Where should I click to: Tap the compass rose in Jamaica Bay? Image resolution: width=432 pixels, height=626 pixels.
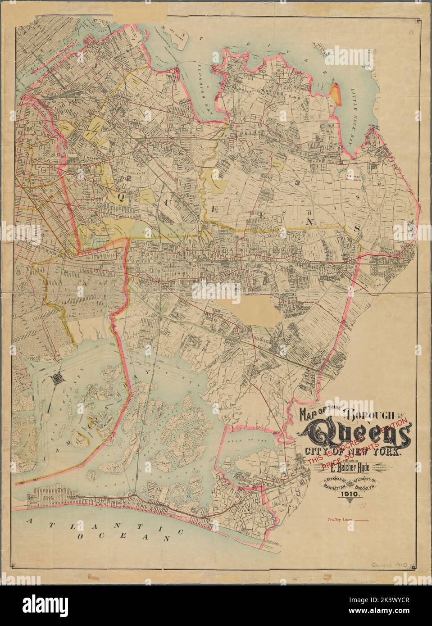click(57, 379)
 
